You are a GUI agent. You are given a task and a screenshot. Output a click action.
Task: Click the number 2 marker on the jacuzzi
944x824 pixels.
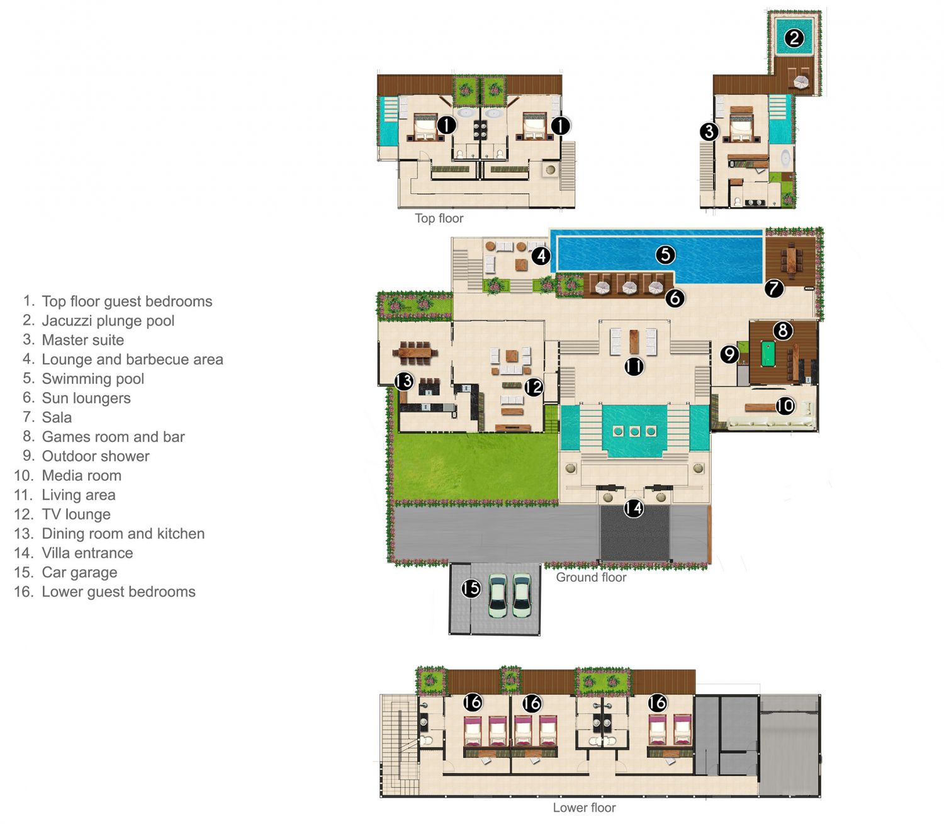click(794, 38)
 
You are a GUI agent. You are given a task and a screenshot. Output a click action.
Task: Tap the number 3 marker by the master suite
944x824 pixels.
click(709, 132)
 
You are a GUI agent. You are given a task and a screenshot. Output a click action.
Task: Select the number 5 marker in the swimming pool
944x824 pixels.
click(665, 254)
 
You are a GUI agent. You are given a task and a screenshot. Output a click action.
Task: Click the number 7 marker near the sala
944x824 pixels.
click(773, 288)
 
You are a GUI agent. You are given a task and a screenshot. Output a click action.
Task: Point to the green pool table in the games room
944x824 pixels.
click(768, 354)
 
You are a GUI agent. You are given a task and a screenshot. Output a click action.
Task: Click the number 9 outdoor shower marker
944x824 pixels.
click(729, 354)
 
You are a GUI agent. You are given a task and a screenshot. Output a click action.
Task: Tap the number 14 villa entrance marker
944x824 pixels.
click(634, 508)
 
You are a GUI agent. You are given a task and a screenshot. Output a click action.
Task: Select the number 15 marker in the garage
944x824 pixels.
click(471, 588)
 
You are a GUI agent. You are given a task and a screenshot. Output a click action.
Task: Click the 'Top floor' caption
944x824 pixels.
click(439, 218)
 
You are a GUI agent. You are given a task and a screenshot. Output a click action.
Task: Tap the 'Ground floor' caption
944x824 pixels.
click(591, 577)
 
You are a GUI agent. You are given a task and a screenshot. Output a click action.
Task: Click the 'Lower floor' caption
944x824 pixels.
click(584, 808)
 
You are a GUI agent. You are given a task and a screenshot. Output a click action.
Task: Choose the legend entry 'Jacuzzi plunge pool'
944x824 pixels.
click(108, 320)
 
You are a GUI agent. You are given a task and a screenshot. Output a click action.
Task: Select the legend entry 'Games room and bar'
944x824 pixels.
click(113, 436)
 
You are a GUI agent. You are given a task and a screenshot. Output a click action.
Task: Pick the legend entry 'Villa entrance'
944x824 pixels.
click(87, 553)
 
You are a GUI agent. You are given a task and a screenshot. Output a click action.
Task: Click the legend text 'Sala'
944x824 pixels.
click(57, 417)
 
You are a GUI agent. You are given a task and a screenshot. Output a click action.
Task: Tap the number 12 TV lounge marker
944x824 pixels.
click(534, 387)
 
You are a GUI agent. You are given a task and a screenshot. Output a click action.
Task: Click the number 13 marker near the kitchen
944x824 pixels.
click(403, 381)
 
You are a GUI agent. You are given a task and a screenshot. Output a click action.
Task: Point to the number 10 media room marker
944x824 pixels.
click(785, 405)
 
